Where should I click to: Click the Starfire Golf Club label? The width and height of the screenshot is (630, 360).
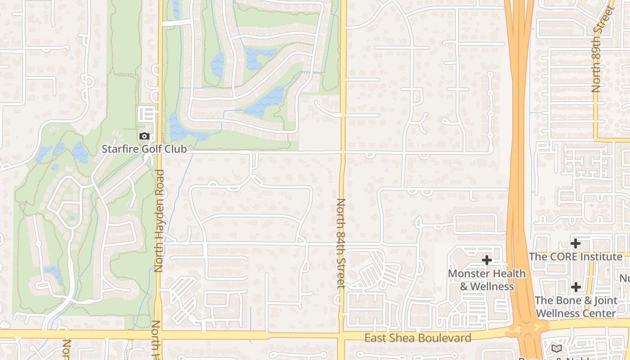(144, 149)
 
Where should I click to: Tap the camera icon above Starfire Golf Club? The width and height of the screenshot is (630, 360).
(144, 136)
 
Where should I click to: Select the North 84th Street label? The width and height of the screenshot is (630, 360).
(341, 243)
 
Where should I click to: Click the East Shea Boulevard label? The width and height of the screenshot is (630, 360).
(418, 338)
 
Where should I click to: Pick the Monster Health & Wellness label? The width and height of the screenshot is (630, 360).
(486, 280)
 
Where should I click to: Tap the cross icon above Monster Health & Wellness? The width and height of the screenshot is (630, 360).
(486, 260)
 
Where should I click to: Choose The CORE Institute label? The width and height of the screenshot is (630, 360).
(575, 256)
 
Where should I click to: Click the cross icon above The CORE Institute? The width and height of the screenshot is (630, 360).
(575, 243)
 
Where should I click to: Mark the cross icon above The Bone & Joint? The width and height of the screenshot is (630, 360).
(576, 287)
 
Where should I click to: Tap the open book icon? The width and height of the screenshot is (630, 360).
(557, 348)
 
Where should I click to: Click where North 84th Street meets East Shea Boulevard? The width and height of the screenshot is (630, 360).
(342, 336)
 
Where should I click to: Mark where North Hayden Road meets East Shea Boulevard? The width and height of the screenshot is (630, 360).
(158, 335)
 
